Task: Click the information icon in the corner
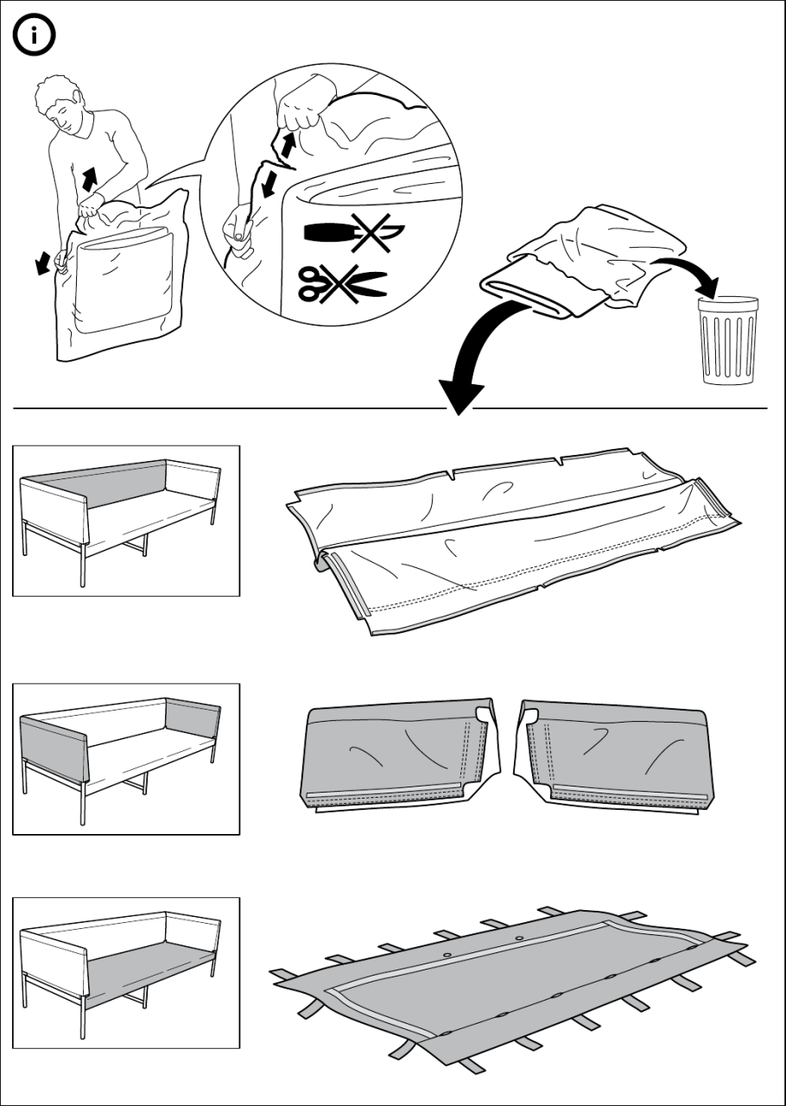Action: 34,35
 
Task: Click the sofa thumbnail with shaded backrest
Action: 126,521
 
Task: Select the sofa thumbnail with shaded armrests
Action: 126,759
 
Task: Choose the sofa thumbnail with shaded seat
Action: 126,973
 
